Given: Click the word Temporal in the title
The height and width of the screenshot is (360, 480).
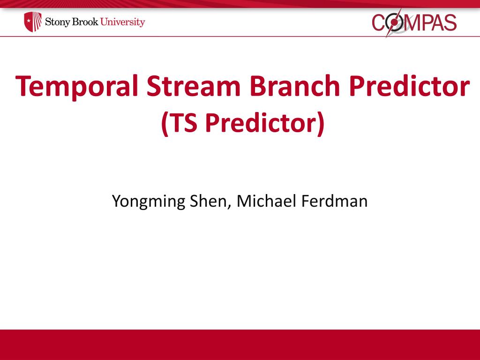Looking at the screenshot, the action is tap(76, 87).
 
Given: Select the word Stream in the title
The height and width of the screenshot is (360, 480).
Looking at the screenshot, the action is tap(194, 86).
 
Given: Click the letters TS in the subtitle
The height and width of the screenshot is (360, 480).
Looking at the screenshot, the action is tap(183, 122).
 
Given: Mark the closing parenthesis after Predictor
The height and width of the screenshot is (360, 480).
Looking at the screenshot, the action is tap(321, 123).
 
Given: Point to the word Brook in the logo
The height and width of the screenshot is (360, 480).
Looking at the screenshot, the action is tap(85, 22).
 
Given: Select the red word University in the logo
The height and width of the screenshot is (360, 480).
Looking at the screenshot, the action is tap(122, 22).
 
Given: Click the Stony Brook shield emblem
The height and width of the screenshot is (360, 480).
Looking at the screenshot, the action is tap(33, 22).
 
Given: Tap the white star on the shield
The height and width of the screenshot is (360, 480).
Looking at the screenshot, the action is tap(29, 21).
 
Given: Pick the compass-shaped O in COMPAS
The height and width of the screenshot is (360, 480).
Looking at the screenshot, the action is tap(394, 22).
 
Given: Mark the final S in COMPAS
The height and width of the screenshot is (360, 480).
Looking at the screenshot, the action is tap(450, 22).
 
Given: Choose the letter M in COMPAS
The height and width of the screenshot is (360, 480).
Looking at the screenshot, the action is tap(412, 23).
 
